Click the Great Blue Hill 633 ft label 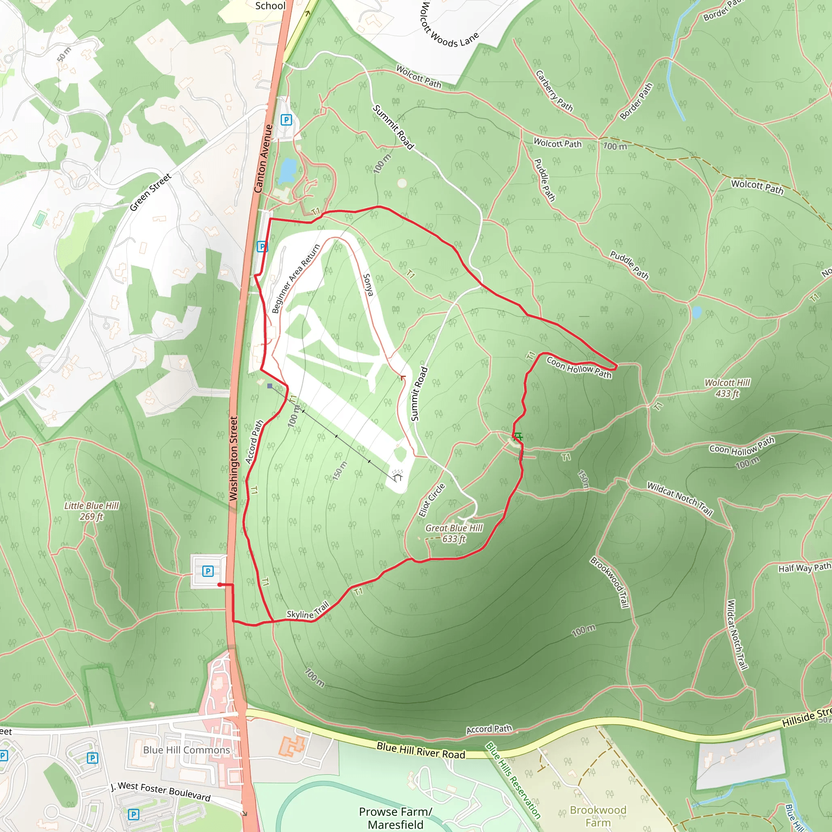[453, 533]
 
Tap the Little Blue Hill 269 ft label [91, 511]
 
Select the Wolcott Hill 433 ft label [727, 388]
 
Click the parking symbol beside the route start [208, 571]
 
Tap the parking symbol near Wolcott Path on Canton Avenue [286, 120]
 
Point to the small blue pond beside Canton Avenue [287, 171]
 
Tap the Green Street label [150, 192]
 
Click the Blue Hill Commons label [186, 750]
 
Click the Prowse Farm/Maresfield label [395, 818]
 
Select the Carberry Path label [554, 91]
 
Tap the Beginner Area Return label [296, 279]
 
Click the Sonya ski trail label [367, 285]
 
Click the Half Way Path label [804, 568]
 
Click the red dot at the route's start [220, 585]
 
